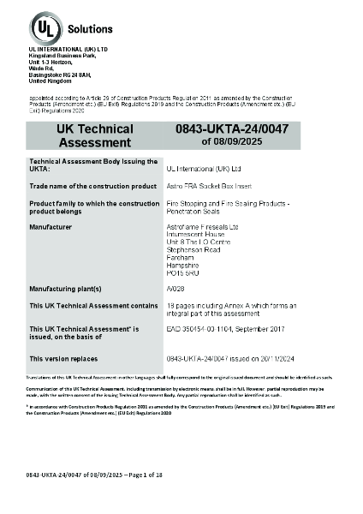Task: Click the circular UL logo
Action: [x=43, y=28]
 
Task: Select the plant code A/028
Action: [x=174, y=289]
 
